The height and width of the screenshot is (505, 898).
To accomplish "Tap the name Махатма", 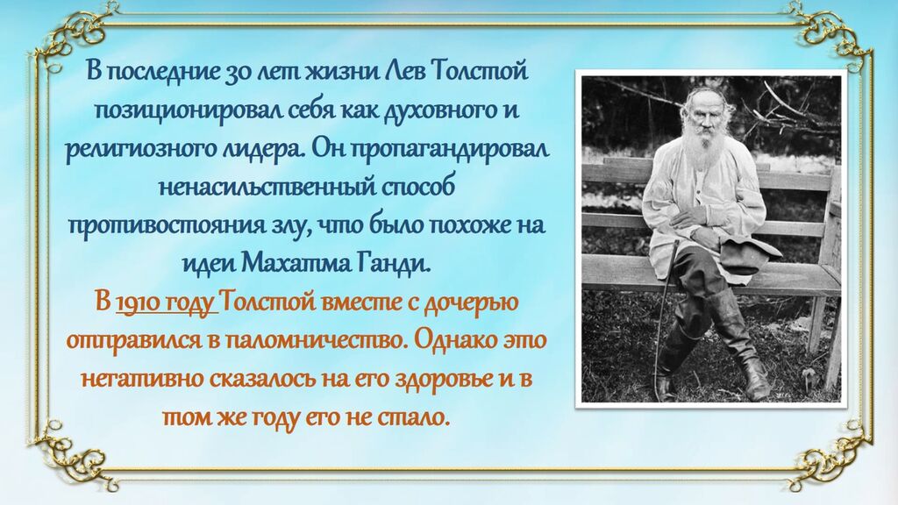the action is coord(296,263).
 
